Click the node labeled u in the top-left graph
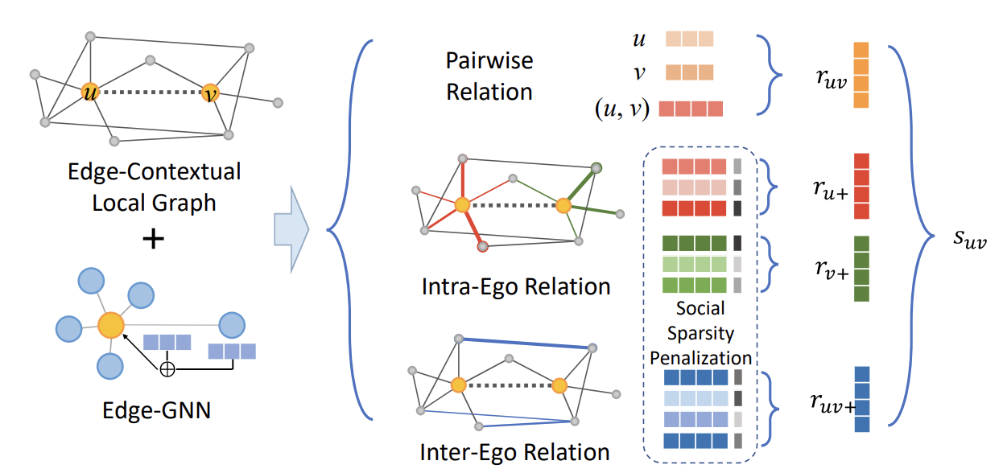(89, 93)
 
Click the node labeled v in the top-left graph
(211, 93)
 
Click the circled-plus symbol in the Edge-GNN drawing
(167, 369)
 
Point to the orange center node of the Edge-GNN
(111, 326)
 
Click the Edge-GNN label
(156, 410)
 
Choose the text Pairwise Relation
(489, 76)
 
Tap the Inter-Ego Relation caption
(515, 451)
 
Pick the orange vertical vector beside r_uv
(861, 76)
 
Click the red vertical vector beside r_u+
(861, 187)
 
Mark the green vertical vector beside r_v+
(861, 269)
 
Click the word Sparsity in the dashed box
(700, 332)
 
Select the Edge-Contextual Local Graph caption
(153, 187)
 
